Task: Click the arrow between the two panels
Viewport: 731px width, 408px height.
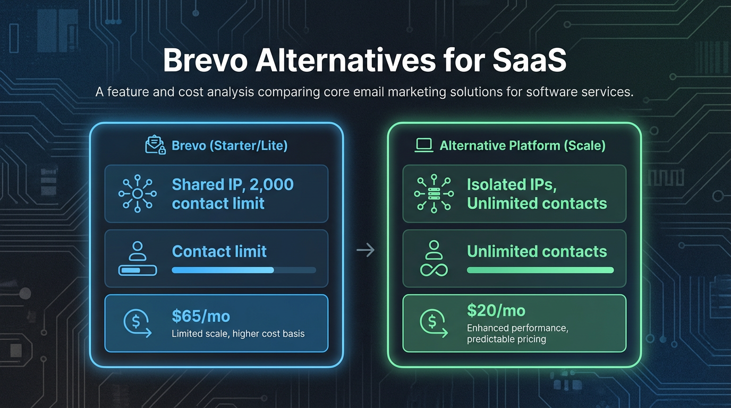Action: point(365,250)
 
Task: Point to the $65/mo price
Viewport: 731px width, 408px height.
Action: point(201,317)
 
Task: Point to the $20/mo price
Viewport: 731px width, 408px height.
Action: point(496,310)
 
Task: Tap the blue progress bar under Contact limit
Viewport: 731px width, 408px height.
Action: point(223,270)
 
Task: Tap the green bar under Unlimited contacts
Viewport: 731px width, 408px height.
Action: point(540,270)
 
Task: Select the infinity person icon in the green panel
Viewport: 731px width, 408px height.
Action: point(434,258)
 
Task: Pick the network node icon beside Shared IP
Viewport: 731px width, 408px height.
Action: point(137,193)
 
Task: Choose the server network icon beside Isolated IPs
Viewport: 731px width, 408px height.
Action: point(433,193)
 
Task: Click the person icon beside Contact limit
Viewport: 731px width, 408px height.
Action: point(138,258)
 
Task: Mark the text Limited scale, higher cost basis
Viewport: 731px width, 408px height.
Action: point(238,334)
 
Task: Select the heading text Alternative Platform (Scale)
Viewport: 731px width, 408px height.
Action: point(522,146)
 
